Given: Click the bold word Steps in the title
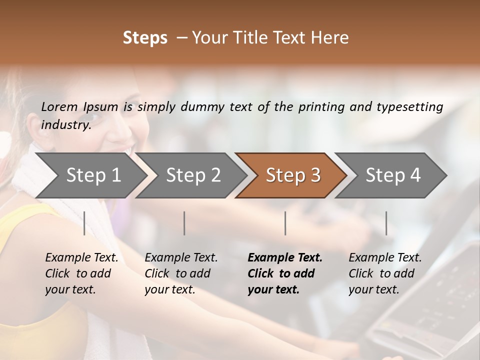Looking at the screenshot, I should pos(145,38).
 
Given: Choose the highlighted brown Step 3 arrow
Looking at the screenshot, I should pos(293,175).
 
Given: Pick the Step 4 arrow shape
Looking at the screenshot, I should pos(393,175).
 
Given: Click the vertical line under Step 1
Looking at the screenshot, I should pos(84,223).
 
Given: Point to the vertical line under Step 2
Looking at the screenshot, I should pos(184,223).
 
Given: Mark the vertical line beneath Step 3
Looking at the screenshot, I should pos(285,223).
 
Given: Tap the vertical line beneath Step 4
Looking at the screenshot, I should pos(386,223).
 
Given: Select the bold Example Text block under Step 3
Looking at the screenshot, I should pos(285,273).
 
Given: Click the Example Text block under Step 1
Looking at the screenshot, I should pos(81,273).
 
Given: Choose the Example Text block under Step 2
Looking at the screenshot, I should pos(181,273).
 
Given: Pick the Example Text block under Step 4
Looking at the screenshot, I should pos(385,273).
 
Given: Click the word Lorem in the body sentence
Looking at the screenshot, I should pos(59,106).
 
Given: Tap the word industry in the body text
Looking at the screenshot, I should pos(65,124).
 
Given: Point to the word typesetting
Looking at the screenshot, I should pos(409,107).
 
